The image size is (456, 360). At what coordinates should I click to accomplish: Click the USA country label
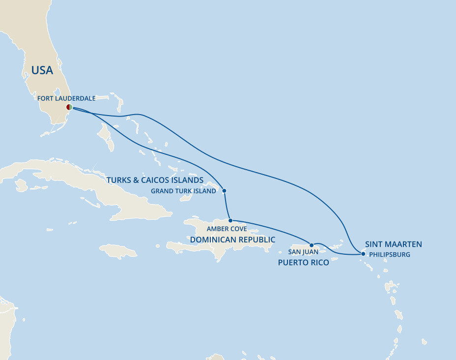42,70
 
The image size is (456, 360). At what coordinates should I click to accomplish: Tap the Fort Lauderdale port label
66,98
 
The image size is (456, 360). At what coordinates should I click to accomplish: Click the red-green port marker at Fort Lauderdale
69,107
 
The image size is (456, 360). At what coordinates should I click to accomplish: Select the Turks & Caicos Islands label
155,180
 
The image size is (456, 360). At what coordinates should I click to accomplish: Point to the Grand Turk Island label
183,191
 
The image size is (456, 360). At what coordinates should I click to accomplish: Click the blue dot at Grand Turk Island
224,191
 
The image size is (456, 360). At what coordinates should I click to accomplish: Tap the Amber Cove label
227,229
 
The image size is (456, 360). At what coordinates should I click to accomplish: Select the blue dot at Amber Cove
230,221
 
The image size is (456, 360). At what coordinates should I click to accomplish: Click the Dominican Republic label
232,240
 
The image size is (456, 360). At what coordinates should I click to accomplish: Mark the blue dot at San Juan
312,245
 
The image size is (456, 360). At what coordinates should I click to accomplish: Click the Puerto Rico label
303,263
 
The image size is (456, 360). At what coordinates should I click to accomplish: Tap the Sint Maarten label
393,244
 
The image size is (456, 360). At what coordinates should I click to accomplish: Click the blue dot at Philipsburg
363,254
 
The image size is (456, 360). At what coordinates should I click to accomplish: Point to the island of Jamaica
118,251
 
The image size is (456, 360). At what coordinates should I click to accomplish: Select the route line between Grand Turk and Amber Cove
227,206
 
